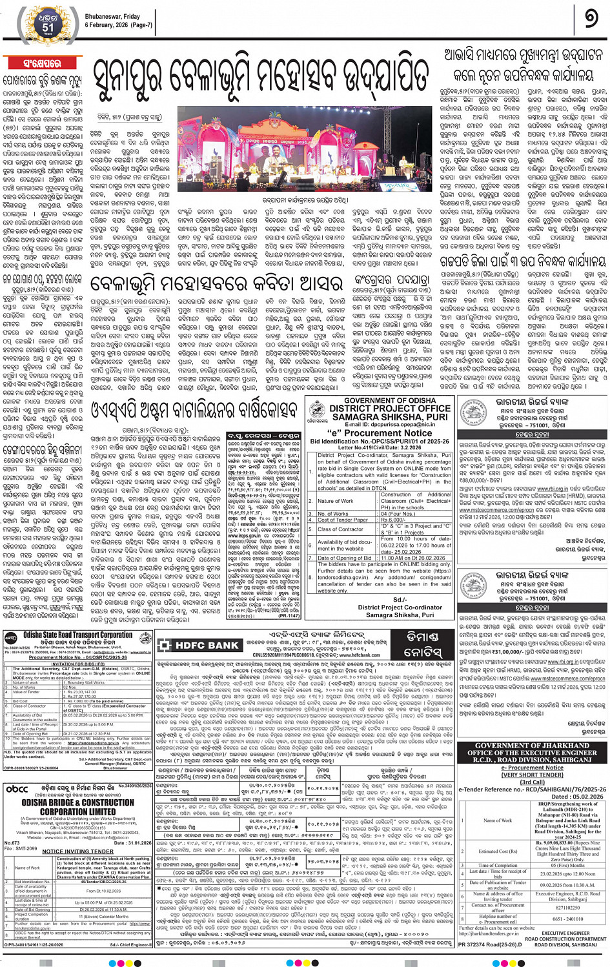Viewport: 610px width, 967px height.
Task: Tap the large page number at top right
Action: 590,19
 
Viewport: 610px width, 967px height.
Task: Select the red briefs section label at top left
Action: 42,64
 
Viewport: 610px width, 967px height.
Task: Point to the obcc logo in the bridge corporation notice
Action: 17,789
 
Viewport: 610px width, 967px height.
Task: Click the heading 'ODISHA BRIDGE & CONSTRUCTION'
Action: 77,802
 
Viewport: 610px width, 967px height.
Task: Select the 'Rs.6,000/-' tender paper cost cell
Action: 392,520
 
